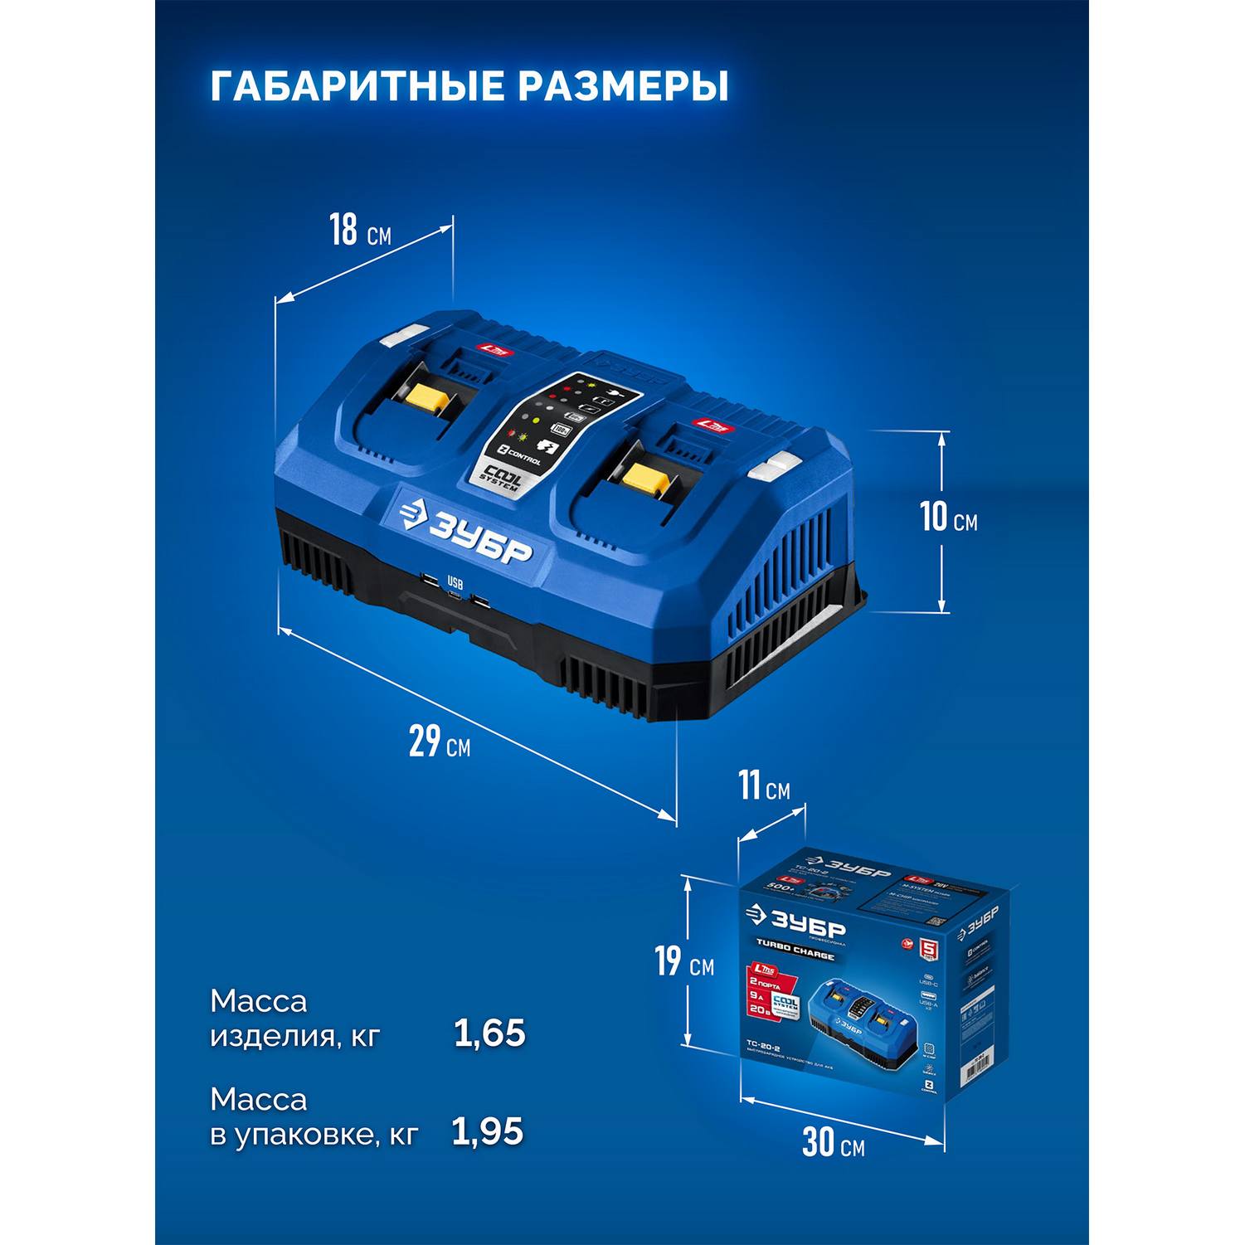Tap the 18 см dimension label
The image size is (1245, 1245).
[x=359, y=231]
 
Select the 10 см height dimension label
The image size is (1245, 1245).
[x=949, y=518]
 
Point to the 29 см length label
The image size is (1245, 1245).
[x=439, y=741]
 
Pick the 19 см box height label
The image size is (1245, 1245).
[x=684, y=961]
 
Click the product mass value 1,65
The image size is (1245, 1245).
[x=489, y=1033]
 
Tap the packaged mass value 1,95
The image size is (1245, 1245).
[x=488, y=1132]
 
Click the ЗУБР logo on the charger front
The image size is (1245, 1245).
[x=465, y=531]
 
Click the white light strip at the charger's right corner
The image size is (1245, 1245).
[x=773, y=469]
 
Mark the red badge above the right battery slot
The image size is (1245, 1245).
[x=713, y=426]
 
